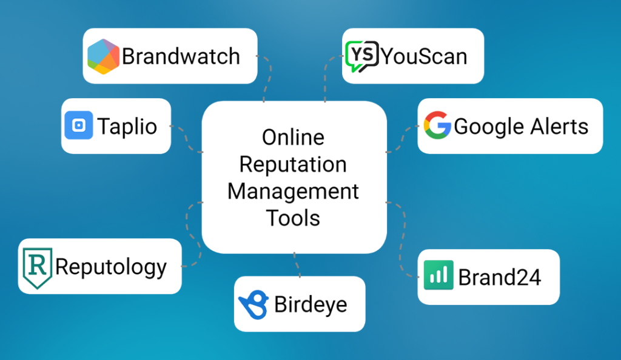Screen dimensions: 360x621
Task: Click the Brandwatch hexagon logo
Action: click(103, 56)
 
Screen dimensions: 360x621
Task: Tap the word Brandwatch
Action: click(181, 56)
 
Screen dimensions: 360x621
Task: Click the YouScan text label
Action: click(424, 56)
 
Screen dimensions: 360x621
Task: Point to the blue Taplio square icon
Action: click(79, 125)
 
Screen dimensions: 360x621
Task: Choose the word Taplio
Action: click(127, 126)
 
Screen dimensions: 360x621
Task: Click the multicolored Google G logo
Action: click(437, 126)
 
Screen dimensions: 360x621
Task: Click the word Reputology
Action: click(111, 267)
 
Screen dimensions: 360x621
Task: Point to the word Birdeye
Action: click(310, 304)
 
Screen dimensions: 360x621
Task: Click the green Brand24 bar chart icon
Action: click(438, 276)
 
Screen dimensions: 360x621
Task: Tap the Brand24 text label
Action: click(499, 277)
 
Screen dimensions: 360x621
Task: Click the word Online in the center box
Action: click(293, 137)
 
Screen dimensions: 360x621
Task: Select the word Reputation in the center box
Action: click(293, 164)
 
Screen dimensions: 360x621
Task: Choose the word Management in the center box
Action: click(293, 191)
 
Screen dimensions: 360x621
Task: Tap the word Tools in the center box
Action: click(293, 218)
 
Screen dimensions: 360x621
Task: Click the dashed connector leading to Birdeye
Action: click(297, 265)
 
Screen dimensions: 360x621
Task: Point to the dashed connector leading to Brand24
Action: click(401, 242)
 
